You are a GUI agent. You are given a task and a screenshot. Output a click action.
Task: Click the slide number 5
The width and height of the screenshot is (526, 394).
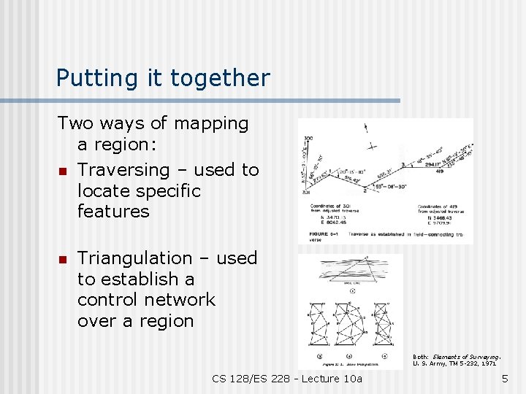[x=504, y=379]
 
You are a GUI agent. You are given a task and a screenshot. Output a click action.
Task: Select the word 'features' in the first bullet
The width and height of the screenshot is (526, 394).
[x=113, y=212]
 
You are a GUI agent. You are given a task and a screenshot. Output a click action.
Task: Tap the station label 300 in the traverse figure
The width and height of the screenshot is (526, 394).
[x=308, y=138]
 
